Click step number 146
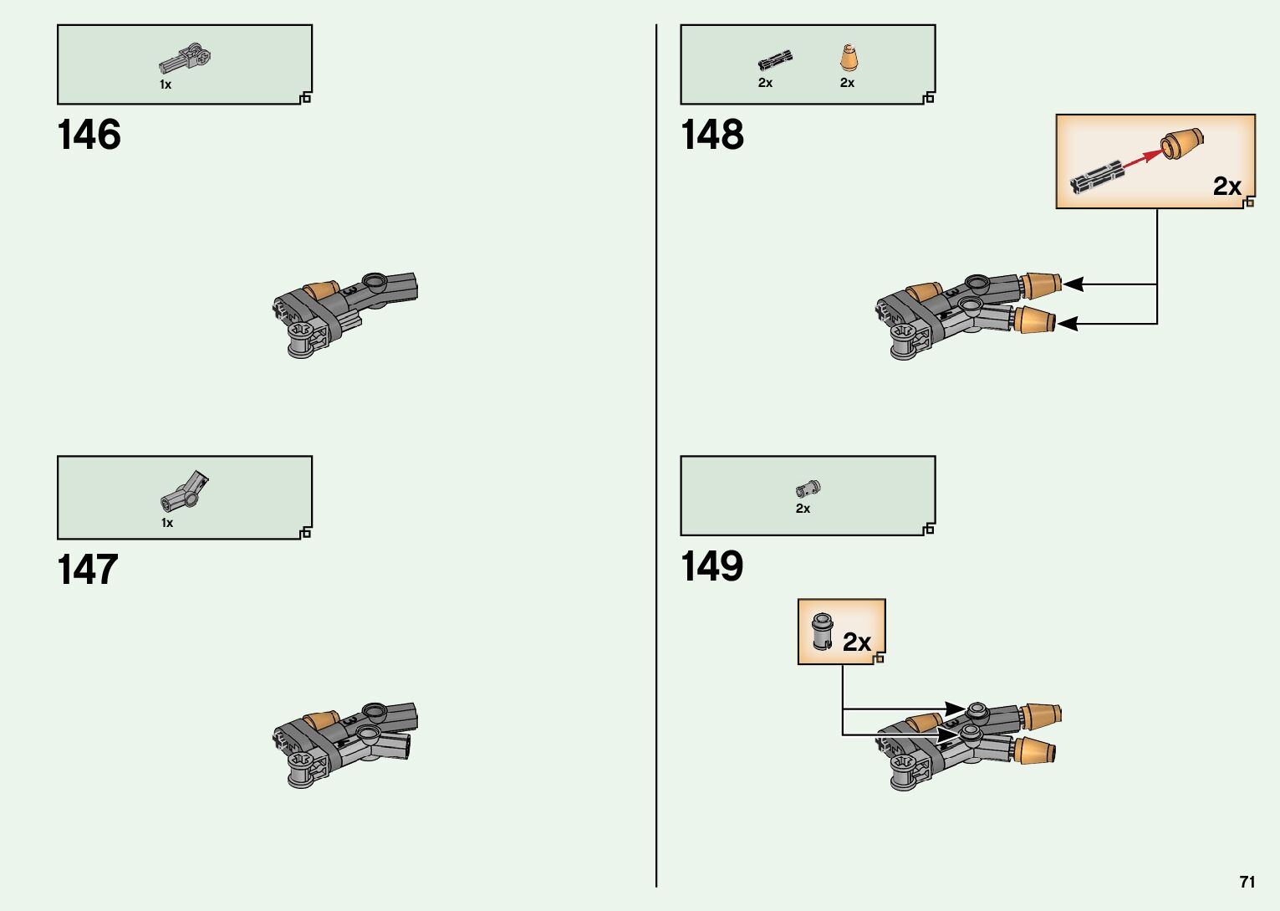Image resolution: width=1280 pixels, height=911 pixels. tap(89, 136)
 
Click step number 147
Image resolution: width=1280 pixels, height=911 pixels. tap(87, 571)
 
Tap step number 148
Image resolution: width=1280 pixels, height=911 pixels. tap(711, 136)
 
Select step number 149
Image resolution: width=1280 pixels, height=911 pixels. tap(711, 566)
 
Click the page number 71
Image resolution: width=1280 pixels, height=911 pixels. tap(1247, 882)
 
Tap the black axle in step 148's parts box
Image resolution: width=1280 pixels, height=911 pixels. tap(775, 61)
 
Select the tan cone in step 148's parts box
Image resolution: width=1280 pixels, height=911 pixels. tap(848, 59)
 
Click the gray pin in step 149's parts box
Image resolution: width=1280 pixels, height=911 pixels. tap(808, 488)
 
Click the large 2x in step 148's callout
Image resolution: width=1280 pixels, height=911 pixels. tap(1226, 187)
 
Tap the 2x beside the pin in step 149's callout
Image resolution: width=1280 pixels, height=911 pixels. tap(856, 642)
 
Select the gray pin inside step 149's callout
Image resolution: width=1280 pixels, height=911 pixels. tap(823, 631)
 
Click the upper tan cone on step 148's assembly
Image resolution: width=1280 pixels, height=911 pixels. tap(1041, 284)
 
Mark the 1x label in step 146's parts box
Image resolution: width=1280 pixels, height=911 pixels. tap(166, 84)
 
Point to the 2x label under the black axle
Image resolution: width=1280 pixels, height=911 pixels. tap(765, 83)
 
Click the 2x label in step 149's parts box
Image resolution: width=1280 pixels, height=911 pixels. tap(803, 509)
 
